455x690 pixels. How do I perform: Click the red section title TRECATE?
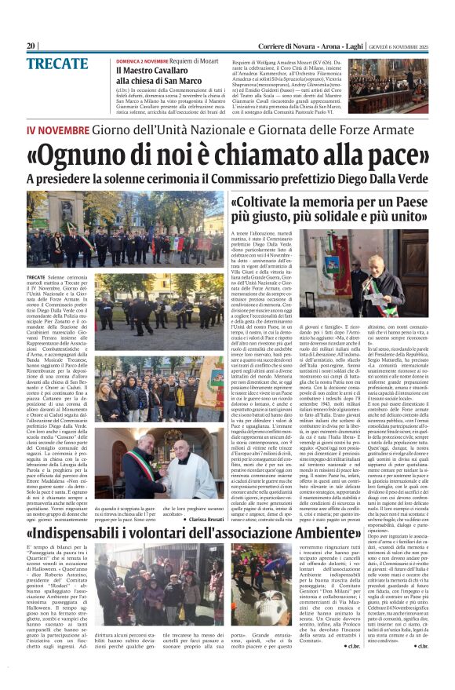55,64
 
